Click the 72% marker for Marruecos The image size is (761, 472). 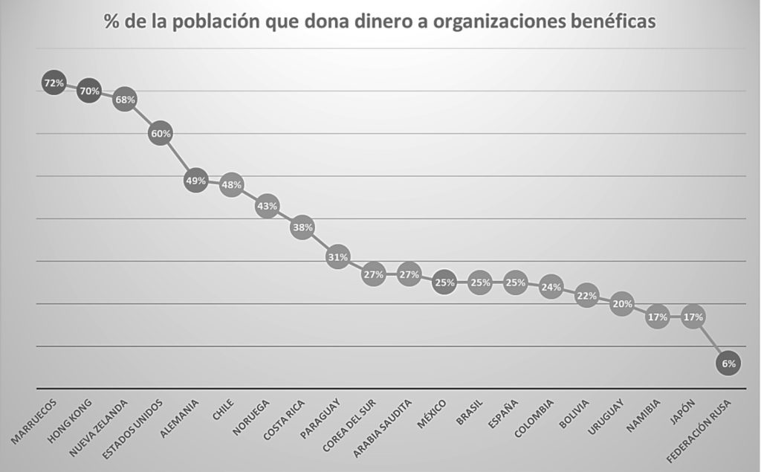point(54,83)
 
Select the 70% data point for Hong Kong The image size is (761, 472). point(89,91)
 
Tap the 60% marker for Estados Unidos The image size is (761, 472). point(161,134)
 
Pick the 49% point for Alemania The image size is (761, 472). point(196,181)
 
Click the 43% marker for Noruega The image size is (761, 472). point(267,206)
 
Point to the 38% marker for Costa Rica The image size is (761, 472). point(302,227)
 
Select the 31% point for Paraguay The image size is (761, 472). point(337,257)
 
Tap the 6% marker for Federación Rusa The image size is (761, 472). point(728,363)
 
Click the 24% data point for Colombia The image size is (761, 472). point(551,287)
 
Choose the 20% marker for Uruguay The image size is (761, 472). point(622,304)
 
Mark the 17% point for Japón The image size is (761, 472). point(693,317)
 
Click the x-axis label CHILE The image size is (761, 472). point(222,410)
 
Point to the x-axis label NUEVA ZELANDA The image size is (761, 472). point(100,427)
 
